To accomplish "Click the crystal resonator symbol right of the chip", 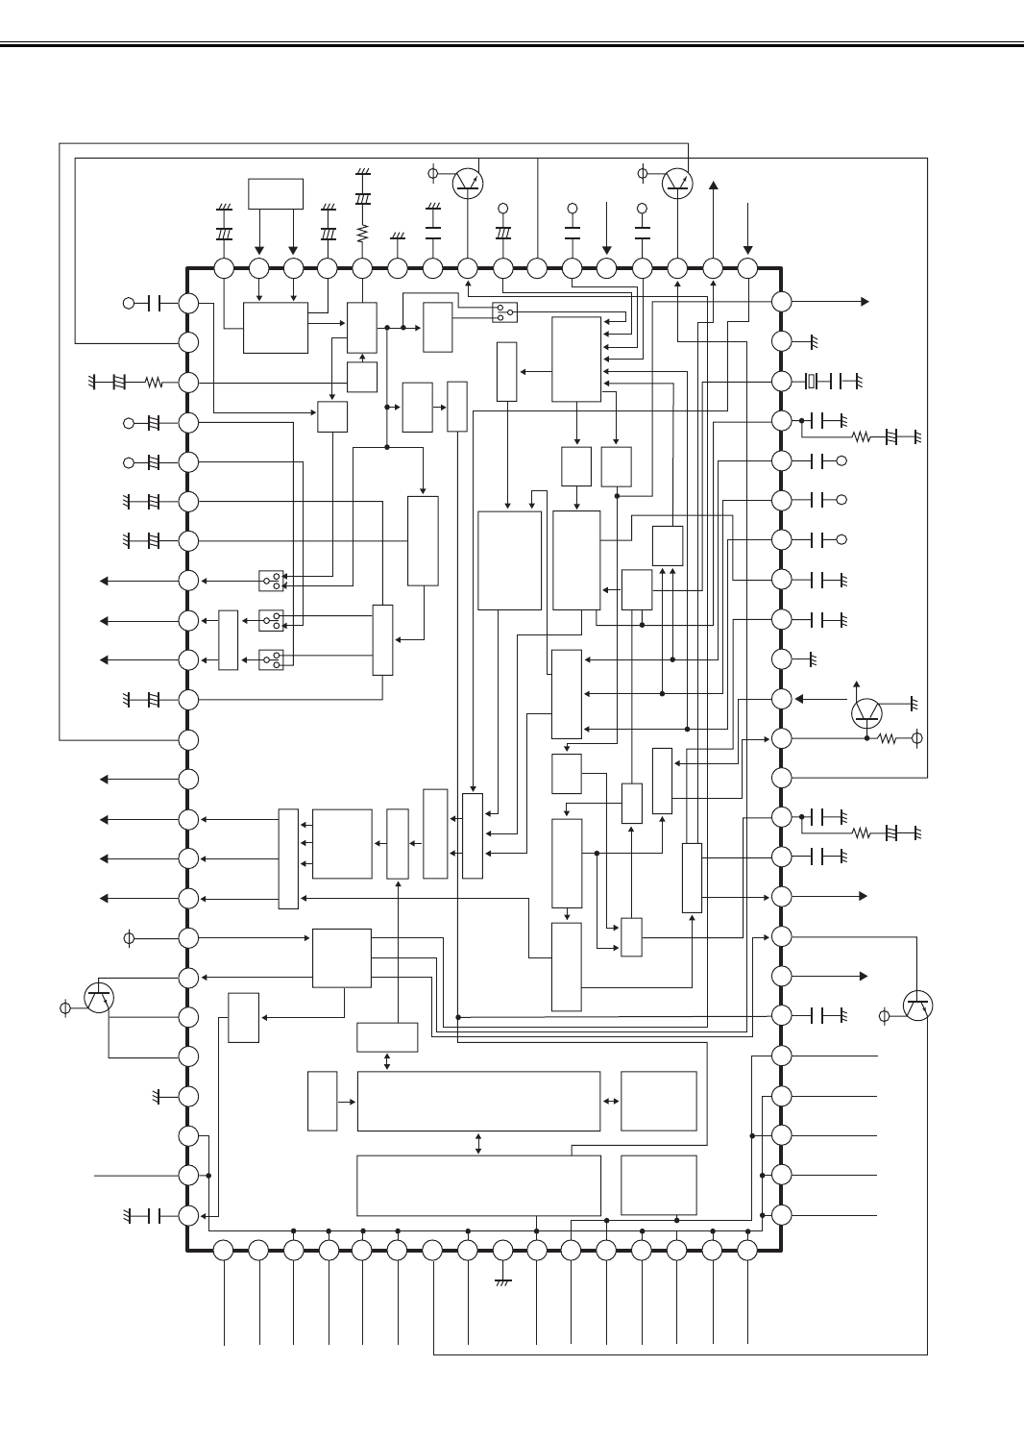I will pos(811,382).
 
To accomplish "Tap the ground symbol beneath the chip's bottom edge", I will pos(502,1282).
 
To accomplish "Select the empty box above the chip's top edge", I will pos(276,193).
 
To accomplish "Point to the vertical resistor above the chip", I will pos(362,233).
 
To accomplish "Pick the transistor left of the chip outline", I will pos(99,998).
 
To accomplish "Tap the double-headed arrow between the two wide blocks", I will pos(478,1143).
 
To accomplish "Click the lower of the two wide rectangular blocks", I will pos(478,1185).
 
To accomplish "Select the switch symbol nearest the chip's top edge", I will pos(504,311).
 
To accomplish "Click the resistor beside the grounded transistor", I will pos(889,738).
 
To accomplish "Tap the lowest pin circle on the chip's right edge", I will pos(781,1214).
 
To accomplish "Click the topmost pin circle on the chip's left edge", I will pos(188,303).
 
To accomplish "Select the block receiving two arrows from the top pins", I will pos(276,328).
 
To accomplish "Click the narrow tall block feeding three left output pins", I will pos(288,858).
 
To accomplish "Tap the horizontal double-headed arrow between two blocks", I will pos(611,1101).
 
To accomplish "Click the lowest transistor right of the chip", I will pos(918,1006).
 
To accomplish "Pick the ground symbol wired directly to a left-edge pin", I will pos(157,1096).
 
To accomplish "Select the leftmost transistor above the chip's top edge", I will pos(468,183).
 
